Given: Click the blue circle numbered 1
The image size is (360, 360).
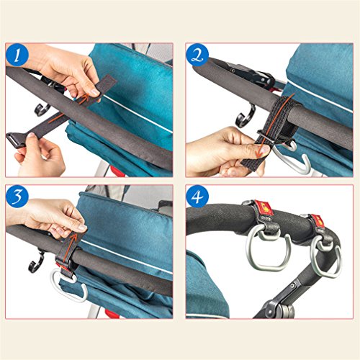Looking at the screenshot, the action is (17, 55).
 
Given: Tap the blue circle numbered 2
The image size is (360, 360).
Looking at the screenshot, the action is (197, 55).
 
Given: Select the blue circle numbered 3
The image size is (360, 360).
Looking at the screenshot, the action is (17, 197).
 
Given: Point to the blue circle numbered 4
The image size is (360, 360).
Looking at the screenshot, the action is (197, 197).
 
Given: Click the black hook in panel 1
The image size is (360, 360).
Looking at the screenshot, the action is (42, 110).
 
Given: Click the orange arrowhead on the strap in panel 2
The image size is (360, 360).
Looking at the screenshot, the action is (258, 153).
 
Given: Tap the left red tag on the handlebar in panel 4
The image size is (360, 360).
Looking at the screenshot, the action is (263, 207).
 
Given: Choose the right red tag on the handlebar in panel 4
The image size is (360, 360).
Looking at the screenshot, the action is (318, 221).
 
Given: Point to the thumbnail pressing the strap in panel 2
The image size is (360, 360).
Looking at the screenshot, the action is (265, 149).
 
